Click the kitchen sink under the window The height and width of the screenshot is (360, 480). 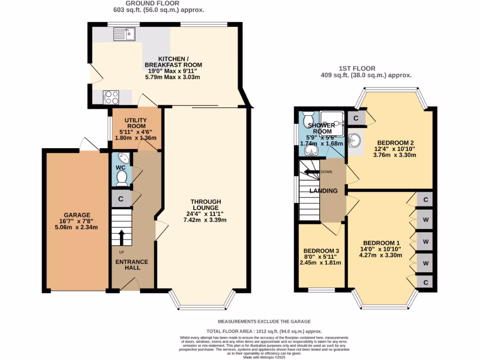[x=124, y=34]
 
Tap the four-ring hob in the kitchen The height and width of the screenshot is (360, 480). [x=112, y=97]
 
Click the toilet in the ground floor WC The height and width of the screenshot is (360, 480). [x=121, y=177]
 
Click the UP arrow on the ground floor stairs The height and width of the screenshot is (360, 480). [x=121, y=238]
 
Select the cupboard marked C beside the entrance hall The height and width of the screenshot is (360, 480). [x=121, y=199]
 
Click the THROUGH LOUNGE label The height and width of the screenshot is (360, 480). [x=205, y=205]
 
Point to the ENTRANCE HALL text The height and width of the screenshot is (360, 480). [x=132, y=264]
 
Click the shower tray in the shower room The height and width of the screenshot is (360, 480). [x=332, y=124]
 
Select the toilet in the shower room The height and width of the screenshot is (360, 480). [x=309, y=118]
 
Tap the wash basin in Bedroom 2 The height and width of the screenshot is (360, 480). [x=356, y=140]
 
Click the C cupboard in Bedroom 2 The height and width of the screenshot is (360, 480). [x=356, y=118]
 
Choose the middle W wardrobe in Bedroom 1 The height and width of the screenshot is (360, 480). [x=426, y=241]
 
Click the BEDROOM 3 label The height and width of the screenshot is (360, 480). [x=321, y=251]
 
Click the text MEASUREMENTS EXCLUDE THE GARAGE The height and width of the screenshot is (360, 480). [x=264, y=322]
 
